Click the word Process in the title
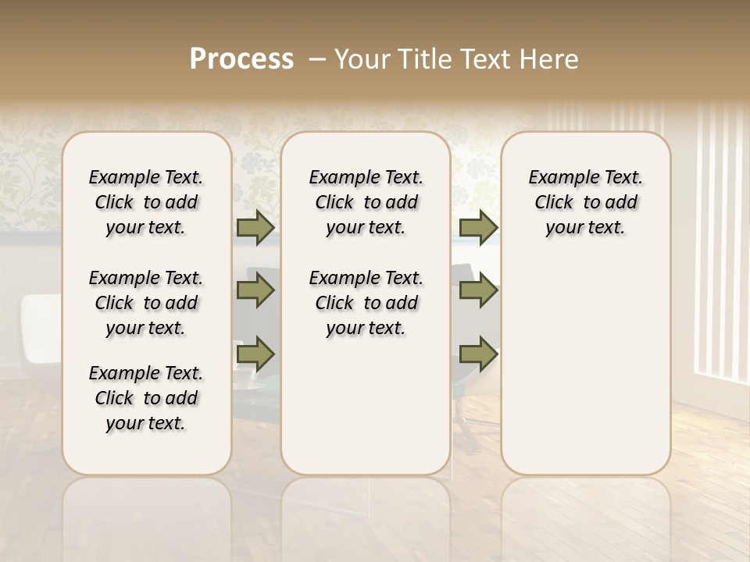[x=241, y=59]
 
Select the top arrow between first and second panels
[x=255, y=228]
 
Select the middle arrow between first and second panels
[x=255, y=291]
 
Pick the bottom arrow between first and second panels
[x=255, y=354]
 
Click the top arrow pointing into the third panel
[x=478, y=228]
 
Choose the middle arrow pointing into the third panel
[x=478, y=291]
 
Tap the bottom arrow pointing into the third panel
[x=478, y=354]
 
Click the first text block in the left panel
[x=146, y=202]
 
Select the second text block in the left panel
[x=146, y=303]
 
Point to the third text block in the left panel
[x=146, y=398]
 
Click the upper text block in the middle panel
[x=366, y=202]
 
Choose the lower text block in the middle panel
[x=366, y=303]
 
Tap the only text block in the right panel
[x=585, y=202]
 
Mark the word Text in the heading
[x=484, y=59]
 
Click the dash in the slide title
[x=317, y=59]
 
